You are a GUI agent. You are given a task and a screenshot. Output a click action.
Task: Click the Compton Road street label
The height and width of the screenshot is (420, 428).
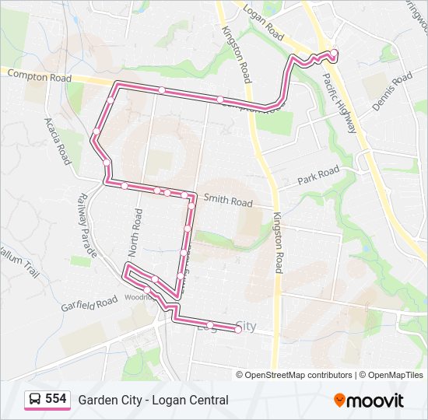pos(37,75)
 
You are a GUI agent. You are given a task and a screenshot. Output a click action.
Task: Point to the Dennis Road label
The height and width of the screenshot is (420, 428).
pos(391,93)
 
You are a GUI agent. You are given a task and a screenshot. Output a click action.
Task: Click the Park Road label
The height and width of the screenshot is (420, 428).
pos(318,176)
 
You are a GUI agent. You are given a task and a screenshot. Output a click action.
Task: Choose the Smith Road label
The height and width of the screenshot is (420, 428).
pos(228,201)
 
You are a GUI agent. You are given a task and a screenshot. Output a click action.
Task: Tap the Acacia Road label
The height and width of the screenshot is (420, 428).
pos(58,141)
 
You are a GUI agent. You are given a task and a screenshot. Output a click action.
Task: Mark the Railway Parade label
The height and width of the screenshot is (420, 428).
pos(86,226)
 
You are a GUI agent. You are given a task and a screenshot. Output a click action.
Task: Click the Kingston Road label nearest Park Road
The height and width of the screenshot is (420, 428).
pos(277,242)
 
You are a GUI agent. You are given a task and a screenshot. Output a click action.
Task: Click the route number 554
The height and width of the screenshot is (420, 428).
pos(56,399)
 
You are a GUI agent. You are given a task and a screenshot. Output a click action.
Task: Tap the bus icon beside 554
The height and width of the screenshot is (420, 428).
pos(35,399)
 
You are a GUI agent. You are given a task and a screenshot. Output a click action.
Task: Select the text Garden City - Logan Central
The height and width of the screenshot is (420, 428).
pos(153,400)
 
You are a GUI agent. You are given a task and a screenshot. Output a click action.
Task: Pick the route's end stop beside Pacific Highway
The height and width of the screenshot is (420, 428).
pos(334,53)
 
